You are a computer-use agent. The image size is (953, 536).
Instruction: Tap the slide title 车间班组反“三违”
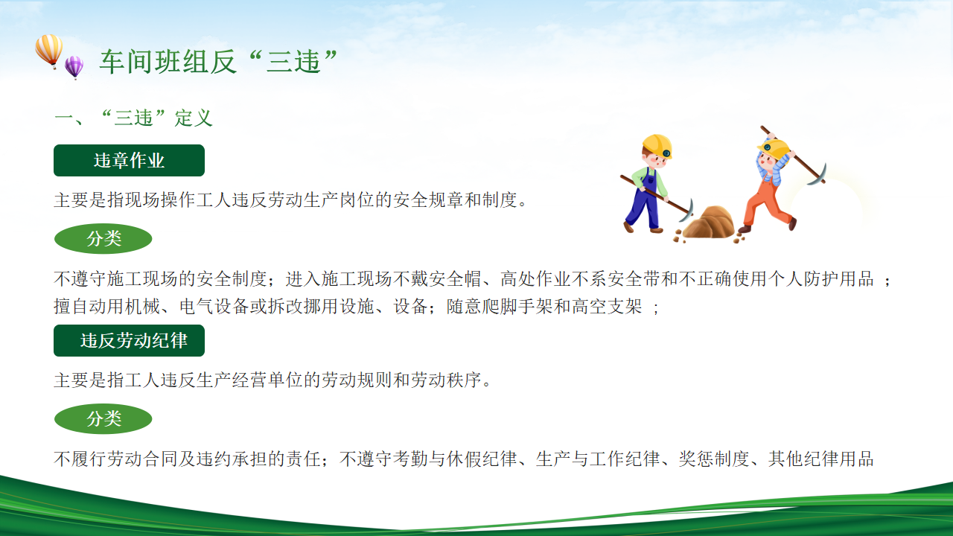219,62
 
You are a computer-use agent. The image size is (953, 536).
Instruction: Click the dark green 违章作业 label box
129,160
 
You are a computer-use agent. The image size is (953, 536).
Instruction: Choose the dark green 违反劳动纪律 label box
129,341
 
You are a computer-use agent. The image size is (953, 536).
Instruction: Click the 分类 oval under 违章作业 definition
103,239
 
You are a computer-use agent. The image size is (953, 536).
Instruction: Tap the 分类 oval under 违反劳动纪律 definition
103,419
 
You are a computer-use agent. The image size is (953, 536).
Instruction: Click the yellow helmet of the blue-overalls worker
657,145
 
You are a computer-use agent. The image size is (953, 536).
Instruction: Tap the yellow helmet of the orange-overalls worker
774,149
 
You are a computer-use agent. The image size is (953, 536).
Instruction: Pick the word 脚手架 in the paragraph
526,306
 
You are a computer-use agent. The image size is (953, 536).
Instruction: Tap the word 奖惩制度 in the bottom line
714,459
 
